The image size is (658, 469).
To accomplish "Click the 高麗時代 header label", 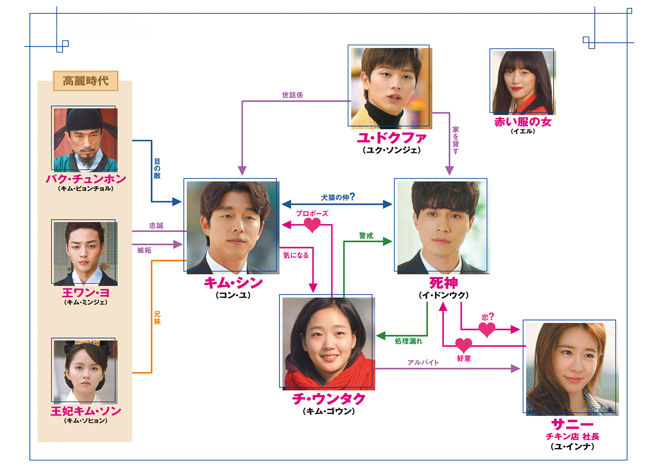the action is click(86, 81).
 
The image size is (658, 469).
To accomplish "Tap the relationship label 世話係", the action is click(292, 95).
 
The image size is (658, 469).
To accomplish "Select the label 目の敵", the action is click(158, 168).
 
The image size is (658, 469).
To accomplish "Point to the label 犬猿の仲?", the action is click(338, 197).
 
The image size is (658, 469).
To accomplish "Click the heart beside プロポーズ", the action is click(312, 225).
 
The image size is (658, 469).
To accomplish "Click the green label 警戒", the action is click(366, 236).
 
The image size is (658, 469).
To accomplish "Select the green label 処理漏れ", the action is click(408, 341).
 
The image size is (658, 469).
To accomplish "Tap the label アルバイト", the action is click(423, 362).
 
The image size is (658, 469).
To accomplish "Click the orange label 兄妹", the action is click(158, 318).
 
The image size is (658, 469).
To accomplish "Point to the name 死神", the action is click(443, 284).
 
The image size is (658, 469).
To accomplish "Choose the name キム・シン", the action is click(233, 283).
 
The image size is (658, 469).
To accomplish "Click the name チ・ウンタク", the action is click(329, 399).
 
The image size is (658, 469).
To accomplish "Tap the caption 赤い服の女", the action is click(523, 122).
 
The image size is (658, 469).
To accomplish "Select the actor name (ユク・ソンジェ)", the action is click(392, 150).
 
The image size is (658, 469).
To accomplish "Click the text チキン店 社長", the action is click(572, 436).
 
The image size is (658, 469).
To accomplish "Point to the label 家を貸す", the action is click(456, 140).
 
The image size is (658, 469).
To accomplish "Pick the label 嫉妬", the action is click(144, 250).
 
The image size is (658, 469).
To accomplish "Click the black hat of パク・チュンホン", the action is click(85, 120).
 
